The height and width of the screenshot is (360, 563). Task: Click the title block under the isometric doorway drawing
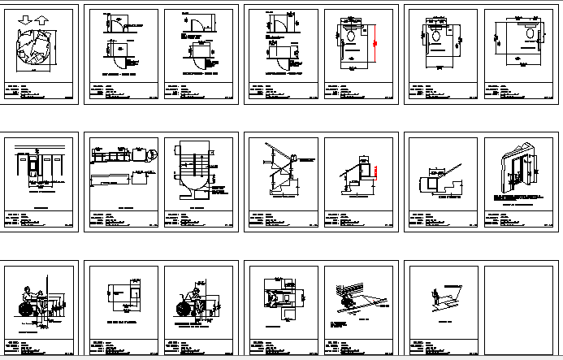[x=521, y=219]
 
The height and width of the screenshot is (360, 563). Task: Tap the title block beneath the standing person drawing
[x=441, y=347]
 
